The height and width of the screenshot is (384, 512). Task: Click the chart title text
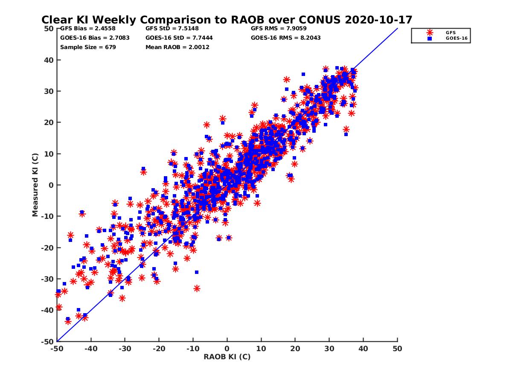(227, 20)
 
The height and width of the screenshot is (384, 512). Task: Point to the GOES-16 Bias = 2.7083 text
(95, 38)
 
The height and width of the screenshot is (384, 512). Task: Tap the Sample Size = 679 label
(88, 47)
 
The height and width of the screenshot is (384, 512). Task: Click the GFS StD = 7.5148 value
(172, 29)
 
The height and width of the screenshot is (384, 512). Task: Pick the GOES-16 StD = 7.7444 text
(179, 38)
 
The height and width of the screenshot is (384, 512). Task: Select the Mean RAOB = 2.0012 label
(177, 47)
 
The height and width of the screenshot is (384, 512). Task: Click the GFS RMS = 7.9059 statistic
(278, 29)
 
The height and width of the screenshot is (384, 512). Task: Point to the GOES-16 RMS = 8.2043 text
(285, 38)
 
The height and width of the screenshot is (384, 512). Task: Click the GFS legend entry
(450, 32)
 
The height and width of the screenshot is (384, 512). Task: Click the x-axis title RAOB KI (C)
(227, 357)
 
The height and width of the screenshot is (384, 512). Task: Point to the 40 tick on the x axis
(364, 349)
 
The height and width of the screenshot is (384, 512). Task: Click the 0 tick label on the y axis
(51, 185)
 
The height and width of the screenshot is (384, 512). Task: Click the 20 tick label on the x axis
(295, 349)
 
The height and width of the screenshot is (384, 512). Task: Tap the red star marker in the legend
(430, 32)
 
